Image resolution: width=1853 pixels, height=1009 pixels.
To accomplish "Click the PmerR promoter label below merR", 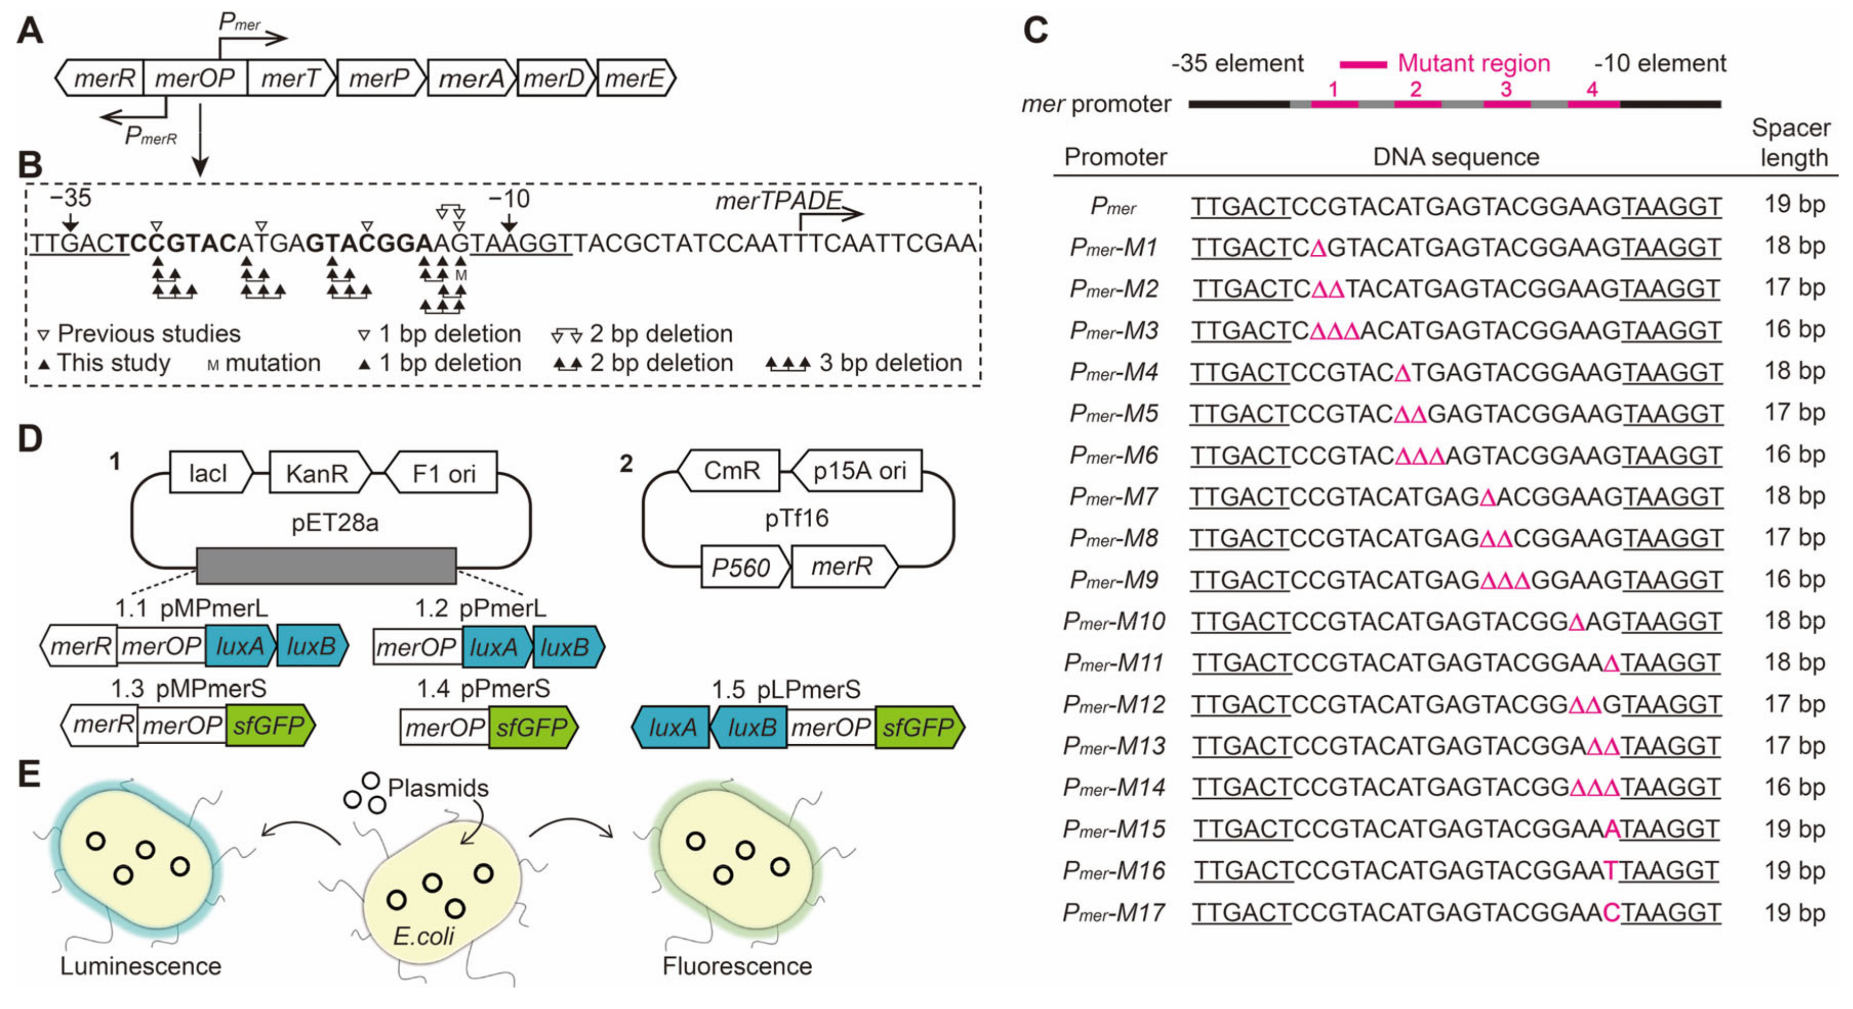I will (150, 135).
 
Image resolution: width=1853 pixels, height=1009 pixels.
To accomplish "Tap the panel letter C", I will (1035, 30).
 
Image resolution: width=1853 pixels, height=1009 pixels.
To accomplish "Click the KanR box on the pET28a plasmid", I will (317, 473).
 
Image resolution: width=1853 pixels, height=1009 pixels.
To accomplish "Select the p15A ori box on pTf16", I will (859, 471).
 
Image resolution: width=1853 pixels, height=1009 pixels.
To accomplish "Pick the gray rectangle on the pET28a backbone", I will (326, 566).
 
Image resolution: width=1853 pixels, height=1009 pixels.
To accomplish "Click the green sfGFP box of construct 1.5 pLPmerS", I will (918, 728).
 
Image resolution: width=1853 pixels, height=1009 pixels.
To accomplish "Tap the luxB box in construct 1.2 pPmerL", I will (565, 648).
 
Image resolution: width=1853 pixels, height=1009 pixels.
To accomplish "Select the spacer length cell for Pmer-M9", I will (1794, 579).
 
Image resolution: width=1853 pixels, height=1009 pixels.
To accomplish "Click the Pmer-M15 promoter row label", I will (1114, 829).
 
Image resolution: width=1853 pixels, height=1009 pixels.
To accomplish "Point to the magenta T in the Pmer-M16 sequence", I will (1610, 871).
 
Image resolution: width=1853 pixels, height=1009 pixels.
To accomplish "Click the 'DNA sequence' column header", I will (1455, 157).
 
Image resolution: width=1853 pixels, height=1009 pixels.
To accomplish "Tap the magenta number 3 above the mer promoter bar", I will (1506, 89).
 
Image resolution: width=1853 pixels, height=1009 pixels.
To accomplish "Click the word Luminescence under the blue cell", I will (141, 966).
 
